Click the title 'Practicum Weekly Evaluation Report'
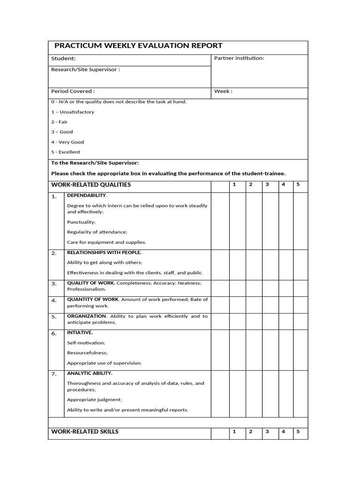click(138, 46)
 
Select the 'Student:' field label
click(63, 59)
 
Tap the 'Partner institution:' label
click(239, 58)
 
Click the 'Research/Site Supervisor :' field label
click(85, 70)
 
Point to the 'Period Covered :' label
click(73, 91)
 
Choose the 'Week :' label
click(223, 91)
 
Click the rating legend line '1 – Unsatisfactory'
click(73, 112)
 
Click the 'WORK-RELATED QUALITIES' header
click(91, 185)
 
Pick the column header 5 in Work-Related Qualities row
click(298, 184)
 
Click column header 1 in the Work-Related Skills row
click(234, 432)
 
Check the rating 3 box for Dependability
click(270, 219)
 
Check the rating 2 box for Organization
click(254, 321)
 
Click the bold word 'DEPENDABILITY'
click(87, 195)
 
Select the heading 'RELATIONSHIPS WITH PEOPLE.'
click(104, 253)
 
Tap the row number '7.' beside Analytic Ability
click(54, 374)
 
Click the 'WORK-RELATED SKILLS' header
click(85, 432)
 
